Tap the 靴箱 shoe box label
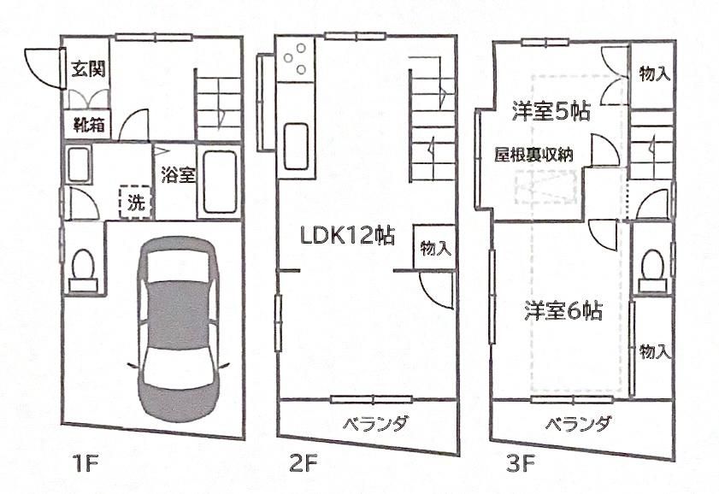click(87, 125)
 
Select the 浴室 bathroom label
click(178, 175)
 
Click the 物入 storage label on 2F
click(435, 248)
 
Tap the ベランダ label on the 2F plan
click(375, 423)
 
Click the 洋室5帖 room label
click(552, 110)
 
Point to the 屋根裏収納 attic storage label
click(534, 154)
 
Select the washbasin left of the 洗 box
click(79, 164)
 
